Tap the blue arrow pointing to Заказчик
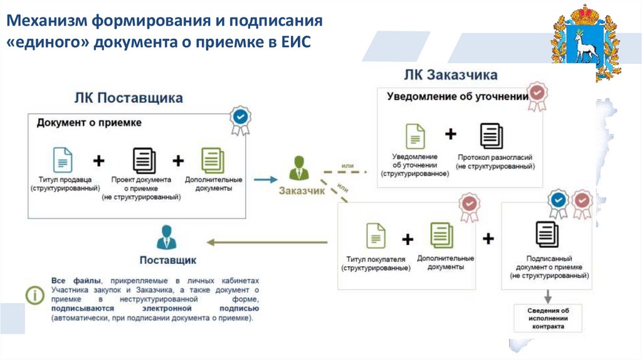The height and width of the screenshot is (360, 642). [265, 179]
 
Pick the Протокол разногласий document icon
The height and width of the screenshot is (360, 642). [492, 136]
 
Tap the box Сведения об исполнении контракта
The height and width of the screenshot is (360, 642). [548, 318]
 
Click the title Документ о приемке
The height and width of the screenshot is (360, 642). [88, 123]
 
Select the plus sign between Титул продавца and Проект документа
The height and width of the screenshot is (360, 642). [98, 161]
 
